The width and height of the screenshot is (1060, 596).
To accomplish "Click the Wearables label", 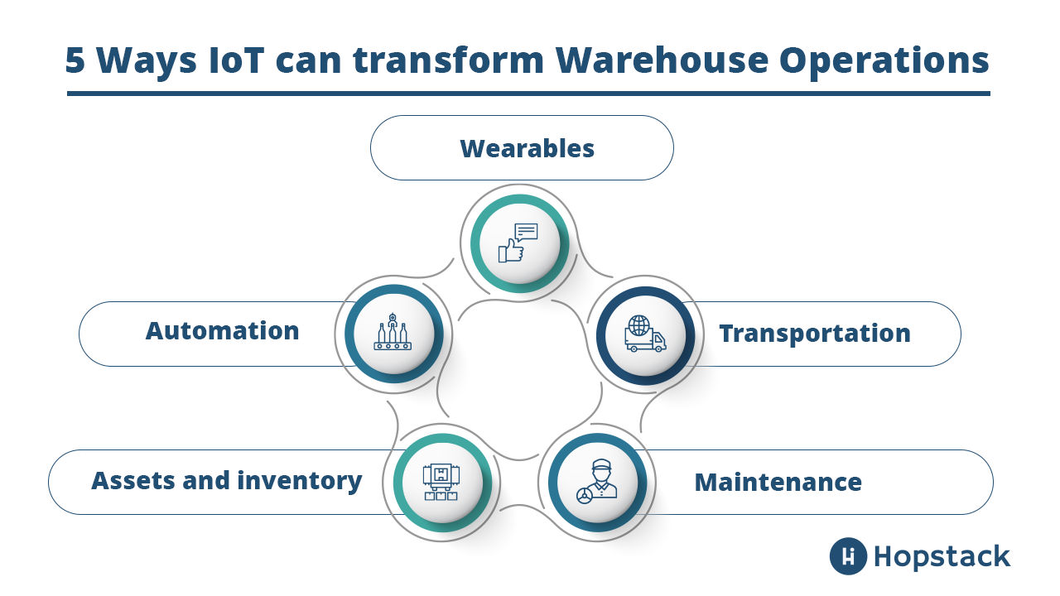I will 527,148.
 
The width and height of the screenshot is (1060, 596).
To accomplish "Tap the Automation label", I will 222,330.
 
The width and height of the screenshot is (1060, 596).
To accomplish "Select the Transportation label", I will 814,334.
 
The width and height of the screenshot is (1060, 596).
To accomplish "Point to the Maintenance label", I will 778,482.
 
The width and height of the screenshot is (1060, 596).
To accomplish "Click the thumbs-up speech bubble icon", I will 518,243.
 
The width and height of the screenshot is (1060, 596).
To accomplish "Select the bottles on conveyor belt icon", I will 393,333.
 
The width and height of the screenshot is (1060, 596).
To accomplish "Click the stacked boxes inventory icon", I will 441,483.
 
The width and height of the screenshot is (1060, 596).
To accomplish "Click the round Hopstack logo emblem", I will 848,555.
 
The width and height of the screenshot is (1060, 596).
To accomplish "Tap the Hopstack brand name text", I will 942,555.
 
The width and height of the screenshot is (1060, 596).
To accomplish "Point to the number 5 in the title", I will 75,61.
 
